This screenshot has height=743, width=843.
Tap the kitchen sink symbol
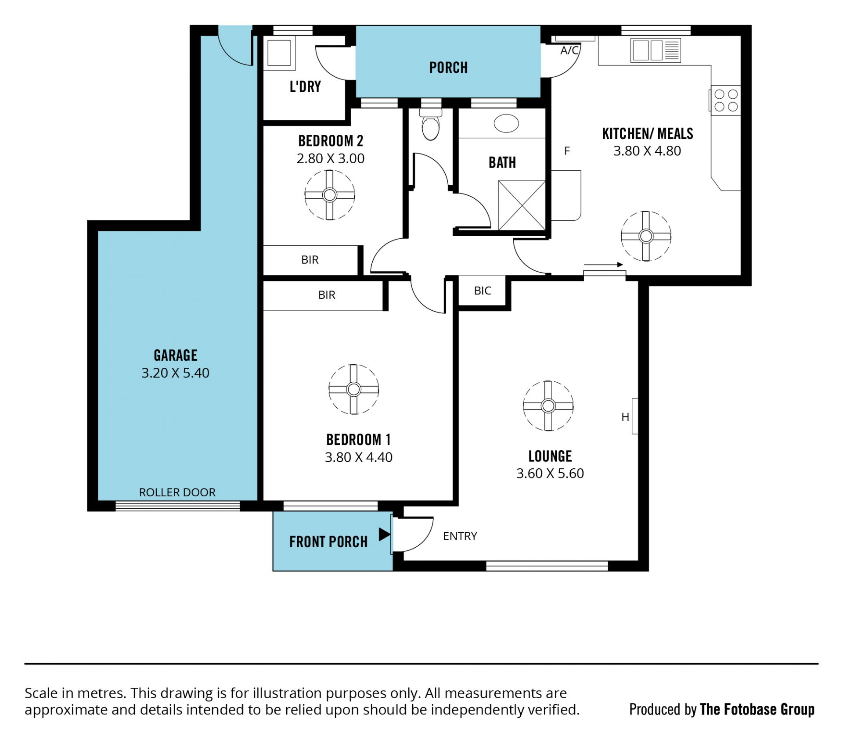(x=656, y=50)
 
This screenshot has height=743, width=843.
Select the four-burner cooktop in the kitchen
(x=726, y=100)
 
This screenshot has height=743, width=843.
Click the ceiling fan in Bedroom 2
(x=329, y=194)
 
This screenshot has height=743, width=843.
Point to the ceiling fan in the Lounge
(x=548, y=406)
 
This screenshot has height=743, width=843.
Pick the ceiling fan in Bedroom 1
(x=353, y=389)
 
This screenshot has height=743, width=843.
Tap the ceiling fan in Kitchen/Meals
(x=646, y=236)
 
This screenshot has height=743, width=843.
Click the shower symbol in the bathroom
(x=522, y=205)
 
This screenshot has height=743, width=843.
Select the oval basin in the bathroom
(x=506, y=123)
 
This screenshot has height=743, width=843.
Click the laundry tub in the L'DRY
(x=279, y=53)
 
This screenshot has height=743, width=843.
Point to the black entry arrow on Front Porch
(x=385, y=534)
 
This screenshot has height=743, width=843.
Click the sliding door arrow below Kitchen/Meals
(x=603, y=265)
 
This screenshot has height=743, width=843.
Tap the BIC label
(x=483, y=291)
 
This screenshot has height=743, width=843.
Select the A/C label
(x=569, y=50)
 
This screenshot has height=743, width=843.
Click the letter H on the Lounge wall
(x=625, y=417)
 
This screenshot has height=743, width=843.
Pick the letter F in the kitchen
(x=567, y=151)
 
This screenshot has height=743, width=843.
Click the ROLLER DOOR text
(x=177, y=492)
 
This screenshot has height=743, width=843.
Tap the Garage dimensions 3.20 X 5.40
(x=175, y=373)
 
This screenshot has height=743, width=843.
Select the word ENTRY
(x=460, y=536)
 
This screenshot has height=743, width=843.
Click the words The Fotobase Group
(x=757, y=710)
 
